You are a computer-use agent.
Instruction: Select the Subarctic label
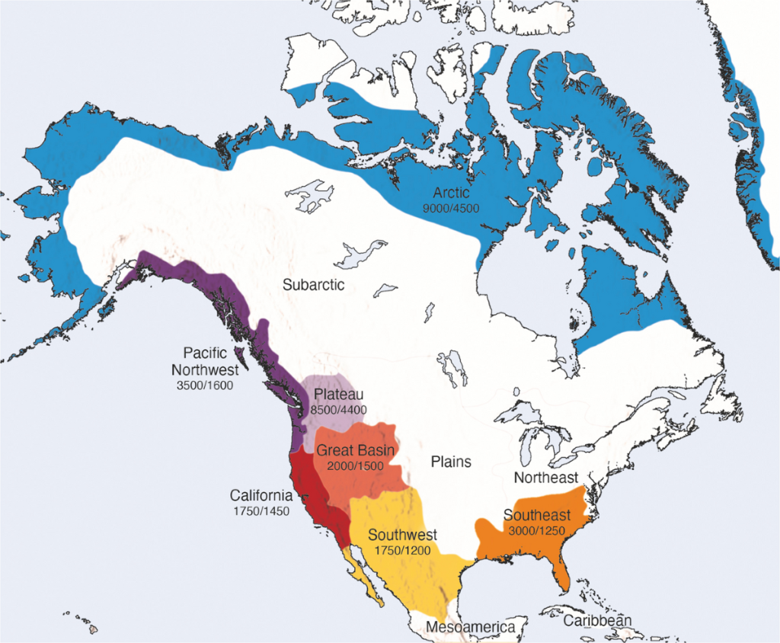click(x=314, y=285)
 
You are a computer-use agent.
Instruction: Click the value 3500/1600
click(x=204, y=385)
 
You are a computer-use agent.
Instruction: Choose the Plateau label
click(x=339, y=395)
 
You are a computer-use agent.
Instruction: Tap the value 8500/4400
click(x=340, y=410)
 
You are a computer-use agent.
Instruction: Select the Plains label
click(x=451, y=462)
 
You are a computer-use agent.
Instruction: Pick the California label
click(x=261, y=496)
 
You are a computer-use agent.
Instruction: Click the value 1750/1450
click(x=261, y=511)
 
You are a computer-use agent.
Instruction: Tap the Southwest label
click(x=402, y=535)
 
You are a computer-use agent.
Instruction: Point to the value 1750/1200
click(x=403, y=550)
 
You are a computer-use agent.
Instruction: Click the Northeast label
click(x=547, y=478)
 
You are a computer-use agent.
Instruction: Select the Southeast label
click(x=535, y=516)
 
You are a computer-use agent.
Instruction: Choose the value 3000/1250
click(x=536, y=531)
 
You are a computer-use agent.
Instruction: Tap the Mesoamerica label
click(x=470, y=627)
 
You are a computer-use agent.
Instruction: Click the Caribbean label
click(x=597, y=621)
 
